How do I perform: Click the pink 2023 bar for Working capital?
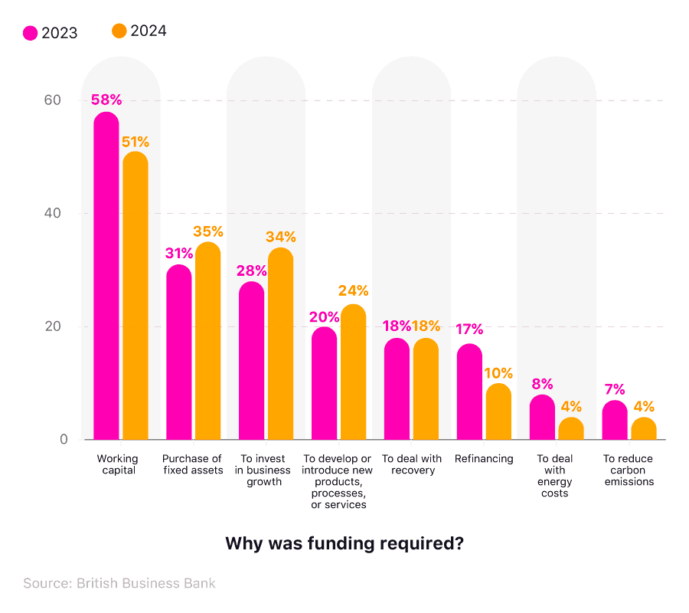[106, 276]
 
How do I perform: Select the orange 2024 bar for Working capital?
[136, 296]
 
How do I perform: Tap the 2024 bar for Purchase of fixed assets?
[207, 341]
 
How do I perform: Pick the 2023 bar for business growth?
[252, 361]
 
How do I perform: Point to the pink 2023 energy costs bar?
[542, 417]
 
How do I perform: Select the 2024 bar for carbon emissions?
[644, 428]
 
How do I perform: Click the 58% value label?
[106, 100]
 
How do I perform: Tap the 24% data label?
[353, 291]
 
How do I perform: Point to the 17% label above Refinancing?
[469, 329]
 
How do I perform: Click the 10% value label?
[498, 373]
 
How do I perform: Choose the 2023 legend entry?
[51, 33]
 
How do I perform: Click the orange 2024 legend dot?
[119, 31]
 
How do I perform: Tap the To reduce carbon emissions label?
[628, 470]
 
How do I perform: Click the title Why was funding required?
[344, 543]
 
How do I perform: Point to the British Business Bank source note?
[119, 583]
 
